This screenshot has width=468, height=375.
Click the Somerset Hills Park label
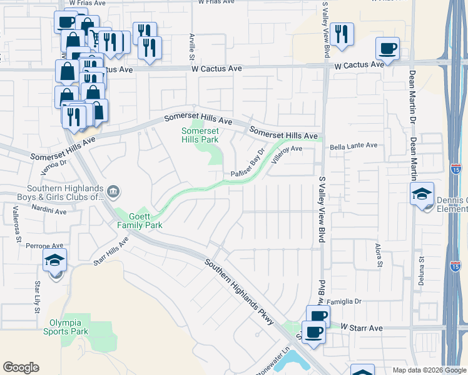click(200, 135)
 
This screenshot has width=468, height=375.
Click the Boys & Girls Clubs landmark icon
click(113, 191)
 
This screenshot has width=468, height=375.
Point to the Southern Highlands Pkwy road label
click(239, 291)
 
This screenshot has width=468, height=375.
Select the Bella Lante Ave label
click(354, 146)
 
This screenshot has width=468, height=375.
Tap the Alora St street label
click(379, 257)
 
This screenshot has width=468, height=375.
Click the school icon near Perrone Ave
click(54, 261)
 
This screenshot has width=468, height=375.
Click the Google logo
click(21, 367)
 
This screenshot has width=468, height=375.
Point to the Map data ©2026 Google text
click(429, 370)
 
